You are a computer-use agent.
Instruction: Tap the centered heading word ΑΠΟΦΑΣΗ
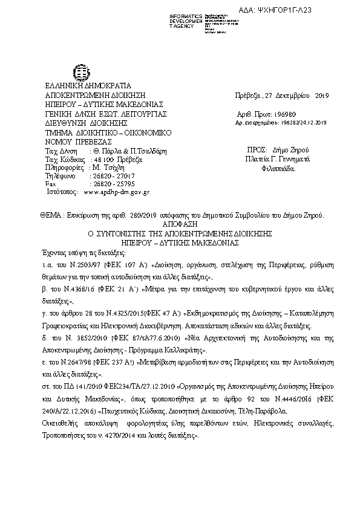179,222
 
